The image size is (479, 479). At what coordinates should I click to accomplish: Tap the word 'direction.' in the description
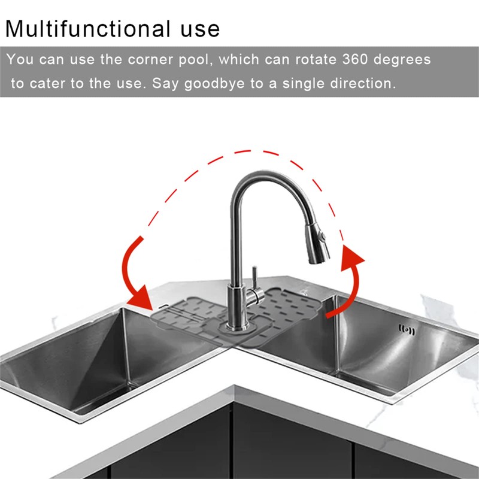[x=363, y=83]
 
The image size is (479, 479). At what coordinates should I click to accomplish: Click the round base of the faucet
[x=235, y=327]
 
